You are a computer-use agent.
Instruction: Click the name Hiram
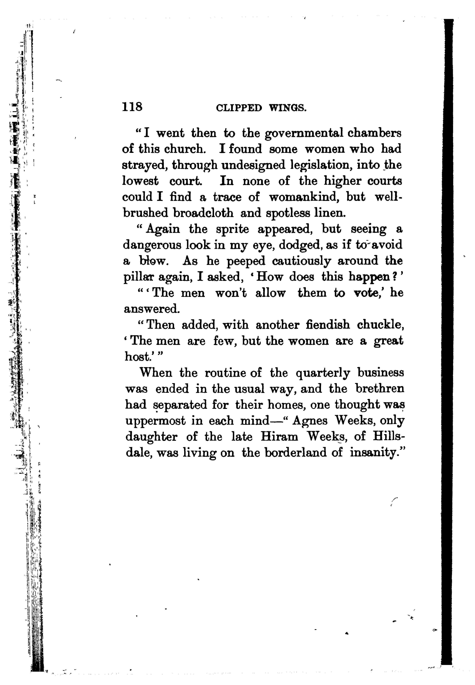[279, 437]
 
